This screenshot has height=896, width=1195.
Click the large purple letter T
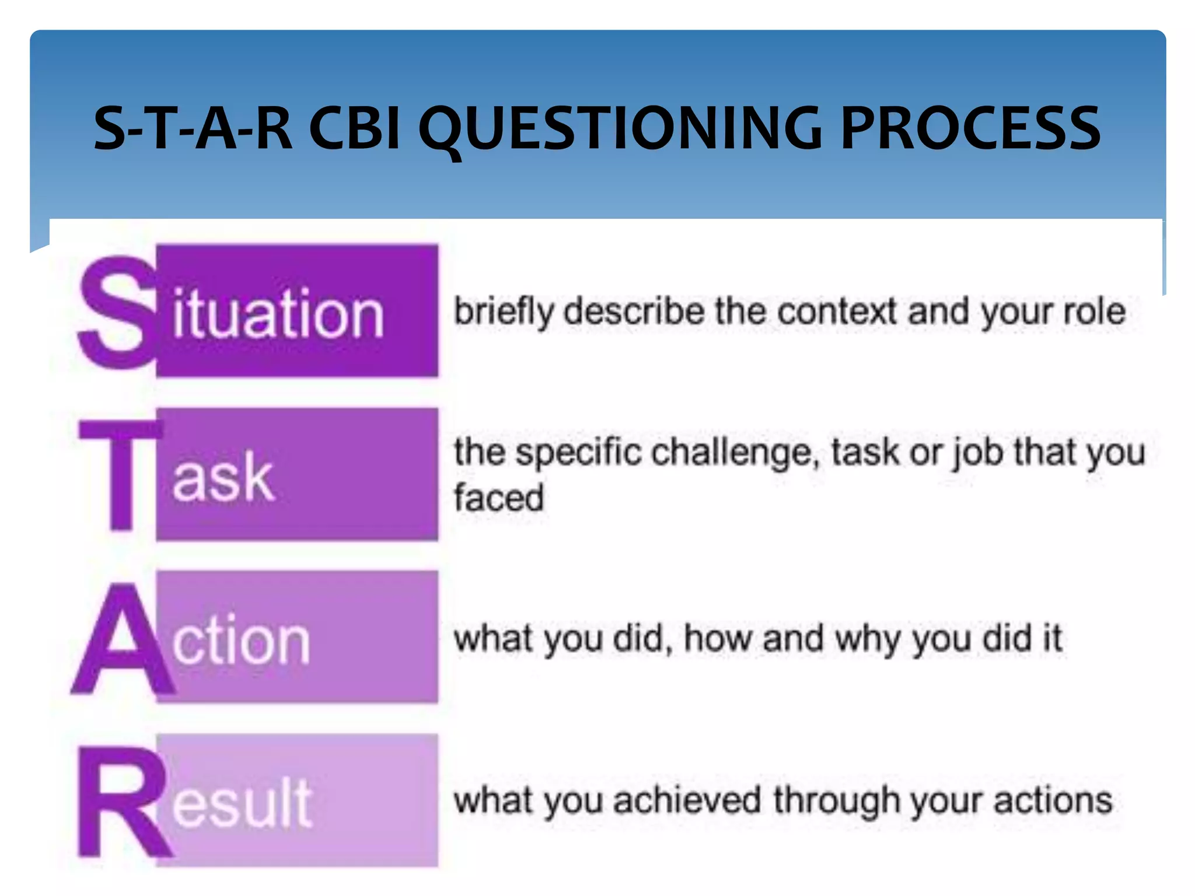pyautogui.click(x=121, y=475)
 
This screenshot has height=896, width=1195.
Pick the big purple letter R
pyautogui.click(x=121, y=804)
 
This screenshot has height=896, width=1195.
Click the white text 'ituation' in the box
pyautogui.click(x=278, y=314)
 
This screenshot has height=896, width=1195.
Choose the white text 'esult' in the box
pyautogui.click(x=242, y=804)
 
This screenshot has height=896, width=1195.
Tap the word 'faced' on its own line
pyautogui.click(x=499, y=498)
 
